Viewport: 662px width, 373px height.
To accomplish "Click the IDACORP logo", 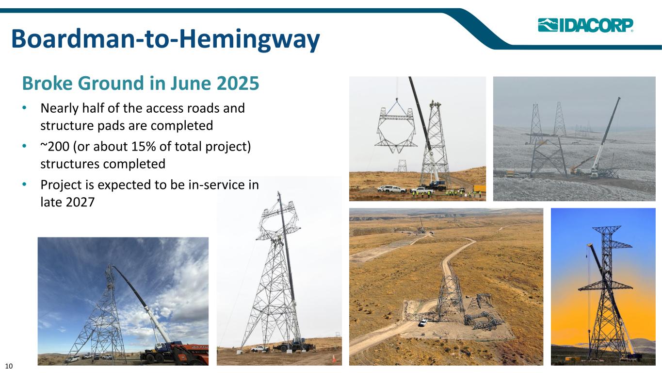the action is (585, 25).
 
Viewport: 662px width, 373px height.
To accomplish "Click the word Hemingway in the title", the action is (249, 39).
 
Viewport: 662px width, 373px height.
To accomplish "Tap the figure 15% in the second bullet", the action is (144, 147).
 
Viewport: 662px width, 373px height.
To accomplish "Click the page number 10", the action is (9, 366).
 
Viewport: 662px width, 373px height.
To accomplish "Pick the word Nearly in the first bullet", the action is (60, 109).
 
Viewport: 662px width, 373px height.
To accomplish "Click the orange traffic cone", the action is (334, 358).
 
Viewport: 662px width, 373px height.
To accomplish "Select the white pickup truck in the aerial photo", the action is (423, 322).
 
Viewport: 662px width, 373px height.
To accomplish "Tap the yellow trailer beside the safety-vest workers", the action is (480, 188).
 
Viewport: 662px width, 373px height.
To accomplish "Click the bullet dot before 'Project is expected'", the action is (24, 185).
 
